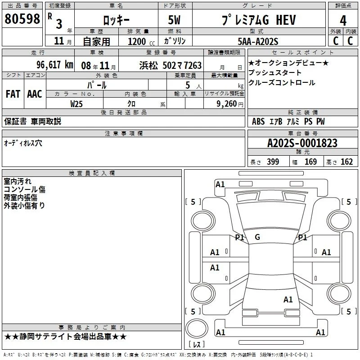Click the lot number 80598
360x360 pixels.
(x=22, y=18)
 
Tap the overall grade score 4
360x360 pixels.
(x=343, y=21)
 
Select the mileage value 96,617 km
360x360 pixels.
(x=55, y=65)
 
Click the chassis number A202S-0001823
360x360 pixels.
(x=302, y=143)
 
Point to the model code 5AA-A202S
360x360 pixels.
(x=258, y=41)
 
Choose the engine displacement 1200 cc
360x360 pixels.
(x=141, y=41)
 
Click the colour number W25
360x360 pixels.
(x=76, y=104)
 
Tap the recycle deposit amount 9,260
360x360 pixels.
(x=227, y=104)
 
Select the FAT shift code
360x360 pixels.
(x=13, y=94)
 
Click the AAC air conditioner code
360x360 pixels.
(x=35, y=94)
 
